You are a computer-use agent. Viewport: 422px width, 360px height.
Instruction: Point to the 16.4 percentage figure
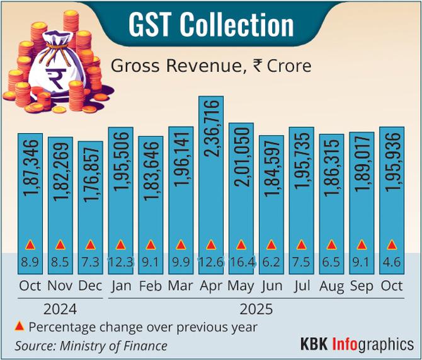(241, 260)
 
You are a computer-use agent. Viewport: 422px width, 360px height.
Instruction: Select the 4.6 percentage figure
(392, 260)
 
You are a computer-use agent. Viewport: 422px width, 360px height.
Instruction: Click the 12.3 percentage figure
(120, 260)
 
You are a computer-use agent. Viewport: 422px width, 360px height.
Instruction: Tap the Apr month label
(210, 286)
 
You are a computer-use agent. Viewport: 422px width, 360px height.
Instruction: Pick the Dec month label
(90, 286)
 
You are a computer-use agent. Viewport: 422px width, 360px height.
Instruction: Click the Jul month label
(301, 286)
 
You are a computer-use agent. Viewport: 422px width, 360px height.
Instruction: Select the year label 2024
(60, 310)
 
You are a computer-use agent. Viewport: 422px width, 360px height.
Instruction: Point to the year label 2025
(256, 310)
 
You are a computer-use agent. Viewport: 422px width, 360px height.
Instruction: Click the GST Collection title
(211, 25)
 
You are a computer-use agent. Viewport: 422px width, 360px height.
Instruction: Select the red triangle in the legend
(19, 326)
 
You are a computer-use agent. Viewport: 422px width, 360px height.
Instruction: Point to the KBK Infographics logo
(356, 344)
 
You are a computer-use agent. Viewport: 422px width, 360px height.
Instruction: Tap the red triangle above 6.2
(271, 245)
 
